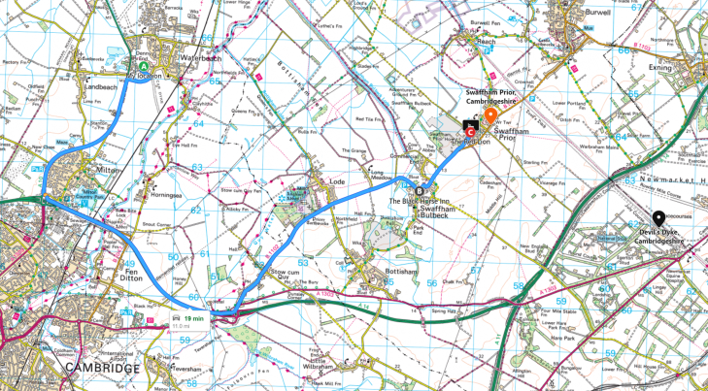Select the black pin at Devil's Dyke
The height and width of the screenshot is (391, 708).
point(658,218)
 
